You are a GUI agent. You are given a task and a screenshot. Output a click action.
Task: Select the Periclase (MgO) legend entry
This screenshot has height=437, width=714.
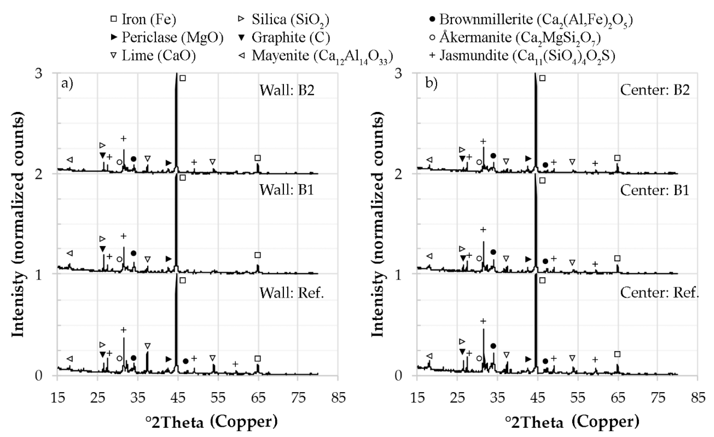(x=167, y=37)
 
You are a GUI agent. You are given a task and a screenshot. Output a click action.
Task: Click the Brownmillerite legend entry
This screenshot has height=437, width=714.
(x=530, y=19)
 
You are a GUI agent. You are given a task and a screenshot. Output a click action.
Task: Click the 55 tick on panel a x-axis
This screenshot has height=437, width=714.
(x=218, y=398)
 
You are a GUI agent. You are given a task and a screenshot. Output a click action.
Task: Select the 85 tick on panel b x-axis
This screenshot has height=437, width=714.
(x=698, y=398)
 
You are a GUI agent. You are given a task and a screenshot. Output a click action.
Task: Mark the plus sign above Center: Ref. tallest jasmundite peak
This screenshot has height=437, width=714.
(x=483, y=321)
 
